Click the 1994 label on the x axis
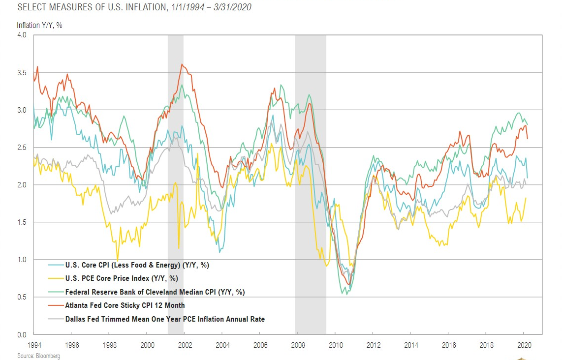34,345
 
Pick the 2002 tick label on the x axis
185,345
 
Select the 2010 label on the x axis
335,345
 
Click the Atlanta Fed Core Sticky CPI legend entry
125,305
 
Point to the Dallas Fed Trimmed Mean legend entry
165,319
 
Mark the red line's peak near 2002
182,64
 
